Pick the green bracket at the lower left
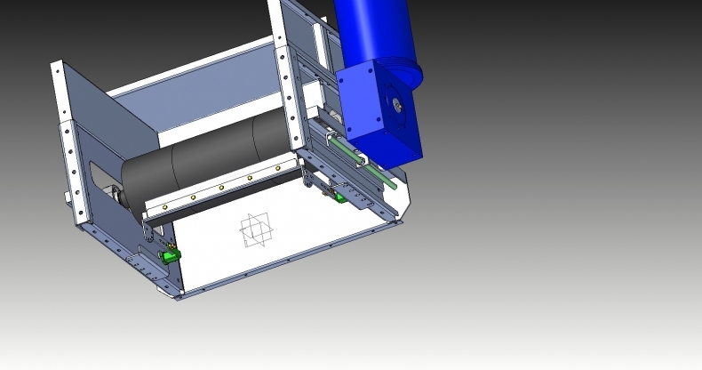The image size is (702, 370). coord(168,256)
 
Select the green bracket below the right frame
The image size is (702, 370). coord(339,197)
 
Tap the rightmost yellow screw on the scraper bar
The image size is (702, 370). coord(278,167)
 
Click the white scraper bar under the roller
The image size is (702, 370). coord(222,190)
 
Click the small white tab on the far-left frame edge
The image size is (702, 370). coord(66,196)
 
